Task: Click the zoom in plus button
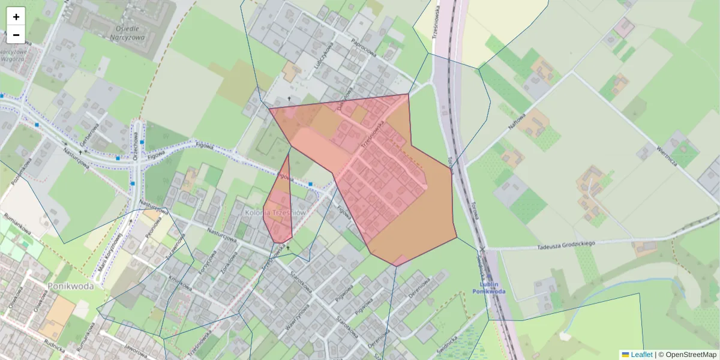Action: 16,16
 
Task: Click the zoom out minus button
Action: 16,35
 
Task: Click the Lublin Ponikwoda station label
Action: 488,287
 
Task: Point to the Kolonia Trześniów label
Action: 277,213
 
